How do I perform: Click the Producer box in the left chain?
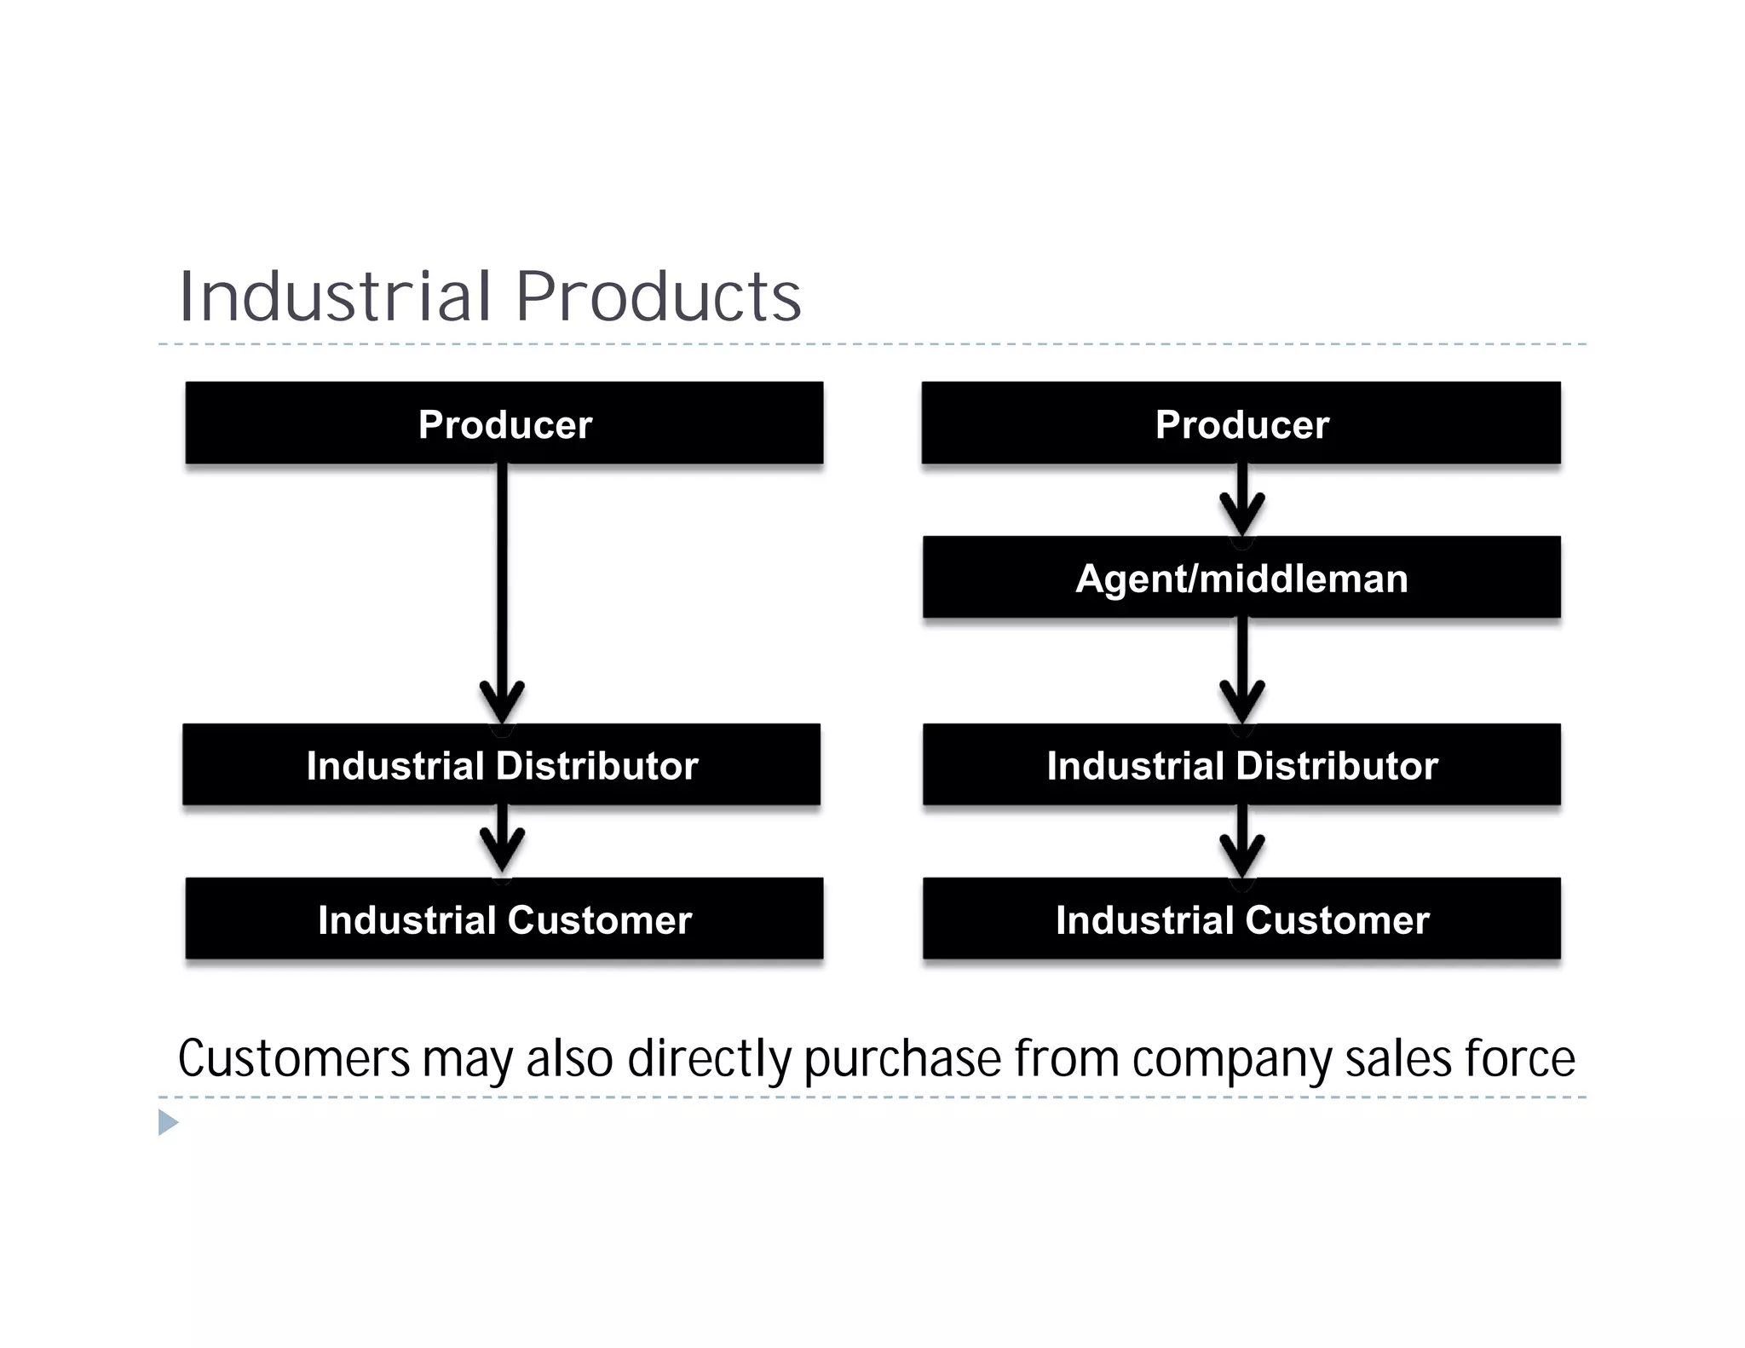pos(504,423)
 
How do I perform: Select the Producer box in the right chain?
pos(1241,423)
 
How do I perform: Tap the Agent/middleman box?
pos(1241,578)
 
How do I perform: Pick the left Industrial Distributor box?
pos(502,764)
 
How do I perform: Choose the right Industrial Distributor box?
pos(1241,764)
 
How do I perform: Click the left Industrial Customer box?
pos(504,919)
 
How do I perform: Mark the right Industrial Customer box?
pos(1241,919)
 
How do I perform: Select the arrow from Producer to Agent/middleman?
pos(1241,500)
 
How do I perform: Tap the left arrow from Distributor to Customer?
pos(502,839)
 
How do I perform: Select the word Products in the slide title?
pos(658,297)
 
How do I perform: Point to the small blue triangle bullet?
pos(168,1122)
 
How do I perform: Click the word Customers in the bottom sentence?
pos(294,1059)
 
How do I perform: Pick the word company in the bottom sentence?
pos(1232,1059)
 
